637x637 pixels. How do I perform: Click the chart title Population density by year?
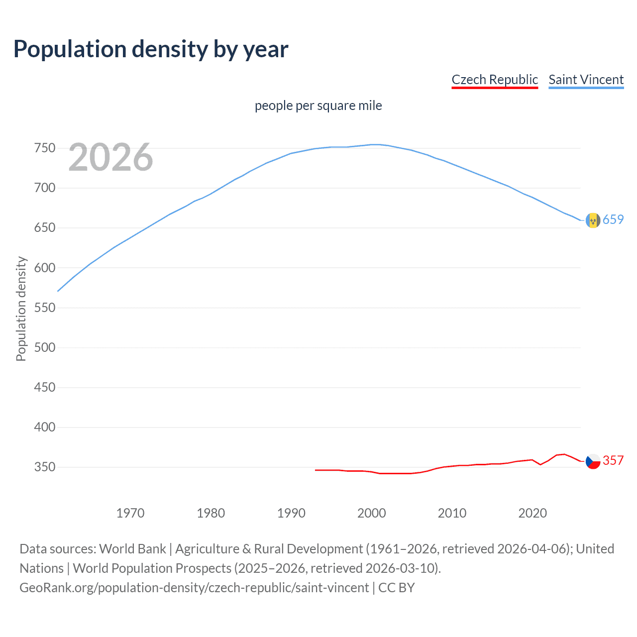151,49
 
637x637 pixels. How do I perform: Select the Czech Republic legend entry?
495,80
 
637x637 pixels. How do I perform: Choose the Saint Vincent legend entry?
586,80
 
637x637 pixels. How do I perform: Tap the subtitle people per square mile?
318,106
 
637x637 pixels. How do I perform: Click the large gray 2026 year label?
110,157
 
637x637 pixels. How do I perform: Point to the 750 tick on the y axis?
44,148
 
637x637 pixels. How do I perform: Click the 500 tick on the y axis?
44,347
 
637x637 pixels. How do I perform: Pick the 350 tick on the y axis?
44,467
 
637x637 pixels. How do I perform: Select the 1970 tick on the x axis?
130,513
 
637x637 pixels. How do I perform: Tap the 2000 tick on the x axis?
372,513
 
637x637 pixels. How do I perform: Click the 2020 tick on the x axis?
532,513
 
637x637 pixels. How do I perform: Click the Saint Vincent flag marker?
593,220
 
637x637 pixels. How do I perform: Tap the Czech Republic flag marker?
593,462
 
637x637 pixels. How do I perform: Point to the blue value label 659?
613,219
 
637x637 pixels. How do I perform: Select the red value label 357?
613,461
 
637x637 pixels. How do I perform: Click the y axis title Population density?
21,309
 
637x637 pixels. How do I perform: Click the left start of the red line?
316,470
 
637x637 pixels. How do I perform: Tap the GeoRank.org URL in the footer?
194,588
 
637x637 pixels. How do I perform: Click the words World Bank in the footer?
132,549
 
